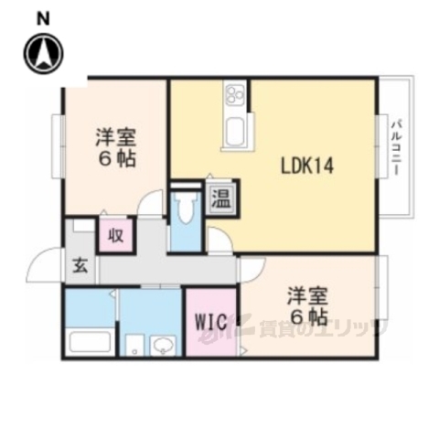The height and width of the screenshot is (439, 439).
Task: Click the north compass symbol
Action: (44, 53)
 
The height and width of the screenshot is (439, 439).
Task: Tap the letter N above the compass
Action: (44, 16)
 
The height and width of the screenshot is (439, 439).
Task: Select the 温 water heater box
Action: (219, 196)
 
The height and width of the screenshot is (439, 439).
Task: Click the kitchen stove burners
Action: (233, 94)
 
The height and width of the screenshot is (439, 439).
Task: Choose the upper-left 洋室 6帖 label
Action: (115, 146)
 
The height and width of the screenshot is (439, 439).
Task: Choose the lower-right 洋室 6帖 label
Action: (308, 305)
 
